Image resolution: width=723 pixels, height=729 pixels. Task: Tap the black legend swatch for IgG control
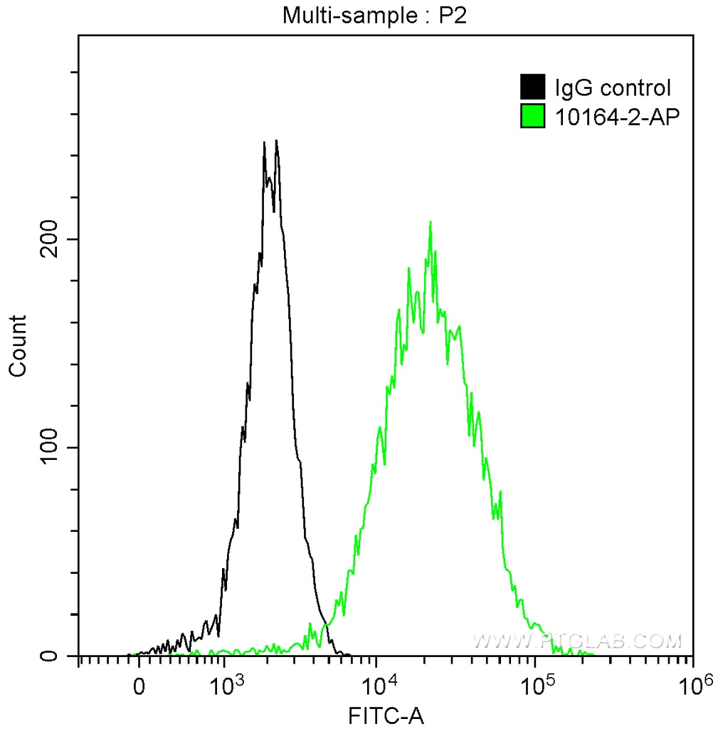[x=533, y=88]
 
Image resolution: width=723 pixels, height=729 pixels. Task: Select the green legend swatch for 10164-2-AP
[x=533, y=116]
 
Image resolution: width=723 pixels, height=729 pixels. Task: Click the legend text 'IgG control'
[x=612, y=88]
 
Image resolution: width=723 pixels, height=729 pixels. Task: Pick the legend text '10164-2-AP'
[x=613, y=117]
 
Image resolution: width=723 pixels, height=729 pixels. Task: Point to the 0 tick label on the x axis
[x=139, y=687]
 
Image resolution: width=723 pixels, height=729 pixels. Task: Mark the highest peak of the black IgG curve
[x=275, y=141]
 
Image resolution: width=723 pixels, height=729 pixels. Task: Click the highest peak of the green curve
[x=430, y=222]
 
